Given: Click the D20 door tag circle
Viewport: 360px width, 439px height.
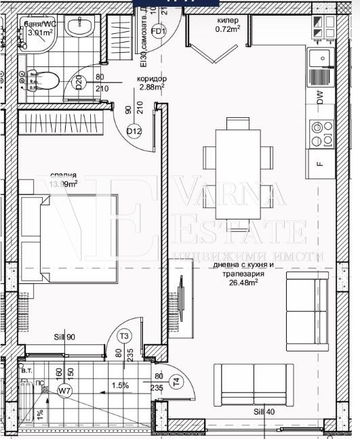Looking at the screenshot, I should [79, 83].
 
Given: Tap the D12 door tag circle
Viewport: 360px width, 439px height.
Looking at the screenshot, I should [134, 131].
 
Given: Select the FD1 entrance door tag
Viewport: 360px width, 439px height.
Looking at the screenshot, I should [159, 31].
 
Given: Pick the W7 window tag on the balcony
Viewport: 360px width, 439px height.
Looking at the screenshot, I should [64, 390].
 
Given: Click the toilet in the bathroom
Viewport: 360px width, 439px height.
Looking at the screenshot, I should [45, 82].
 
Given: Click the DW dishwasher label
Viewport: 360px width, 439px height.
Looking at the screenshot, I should [320, 98].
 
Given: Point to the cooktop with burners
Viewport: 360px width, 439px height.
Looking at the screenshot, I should [321, 133].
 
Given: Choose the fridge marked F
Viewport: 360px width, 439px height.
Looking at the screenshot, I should [321, 163].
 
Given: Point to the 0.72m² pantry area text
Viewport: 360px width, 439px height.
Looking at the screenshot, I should [228, 29].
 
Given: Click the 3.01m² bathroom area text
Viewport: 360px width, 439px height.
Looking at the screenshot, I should [41, 31].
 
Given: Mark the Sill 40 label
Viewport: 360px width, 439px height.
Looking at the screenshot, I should [264, 411].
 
